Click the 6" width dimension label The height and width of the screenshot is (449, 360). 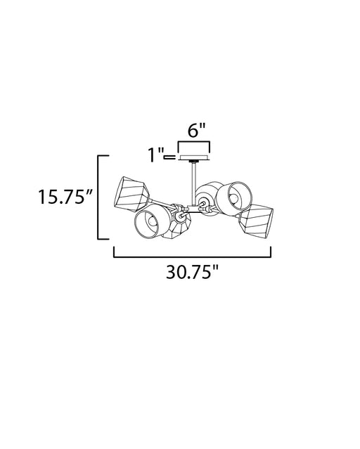(197, 130)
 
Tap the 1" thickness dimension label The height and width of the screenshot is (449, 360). (155, 155)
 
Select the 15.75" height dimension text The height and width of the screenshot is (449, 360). (65, 197)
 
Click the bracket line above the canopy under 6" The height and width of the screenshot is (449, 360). (194, 142)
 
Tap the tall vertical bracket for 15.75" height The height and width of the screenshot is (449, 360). (98, 197)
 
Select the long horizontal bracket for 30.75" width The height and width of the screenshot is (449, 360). (193, 256)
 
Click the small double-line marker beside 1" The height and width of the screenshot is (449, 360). (169, 157)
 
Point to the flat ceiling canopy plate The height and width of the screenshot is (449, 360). (194, 157)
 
